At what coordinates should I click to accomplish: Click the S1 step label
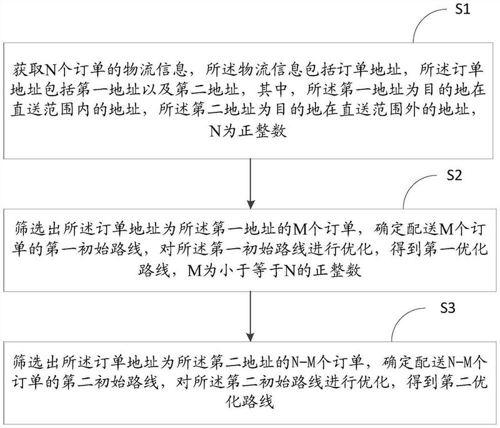point(462,9)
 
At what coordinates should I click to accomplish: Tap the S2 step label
point(454,175)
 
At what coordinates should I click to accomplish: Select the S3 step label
point(447,307)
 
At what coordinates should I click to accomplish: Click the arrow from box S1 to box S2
point(251,184)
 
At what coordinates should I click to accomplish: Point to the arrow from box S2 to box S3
point(251,317)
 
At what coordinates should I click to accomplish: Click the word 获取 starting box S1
point(27,70)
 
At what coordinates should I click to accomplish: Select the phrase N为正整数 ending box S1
point(247,131)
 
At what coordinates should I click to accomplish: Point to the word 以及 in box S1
point(157,90)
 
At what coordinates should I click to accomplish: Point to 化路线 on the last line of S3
point(249,402)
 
